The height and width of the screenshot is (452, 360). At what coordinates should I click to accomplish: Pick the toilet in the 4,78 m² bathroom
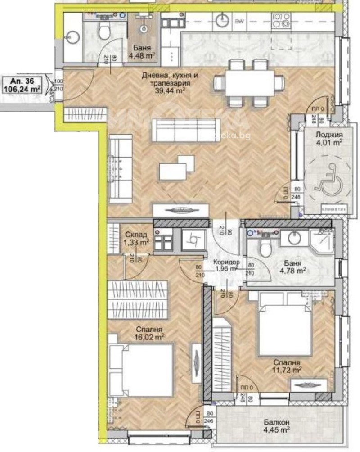pos(265,246)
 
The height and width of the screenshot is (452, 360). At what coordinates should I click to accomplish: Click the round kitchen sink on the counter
pos(224,20)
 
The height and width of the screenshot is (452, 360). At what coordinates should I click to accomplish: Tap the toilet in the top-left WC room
pos(104,31)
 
